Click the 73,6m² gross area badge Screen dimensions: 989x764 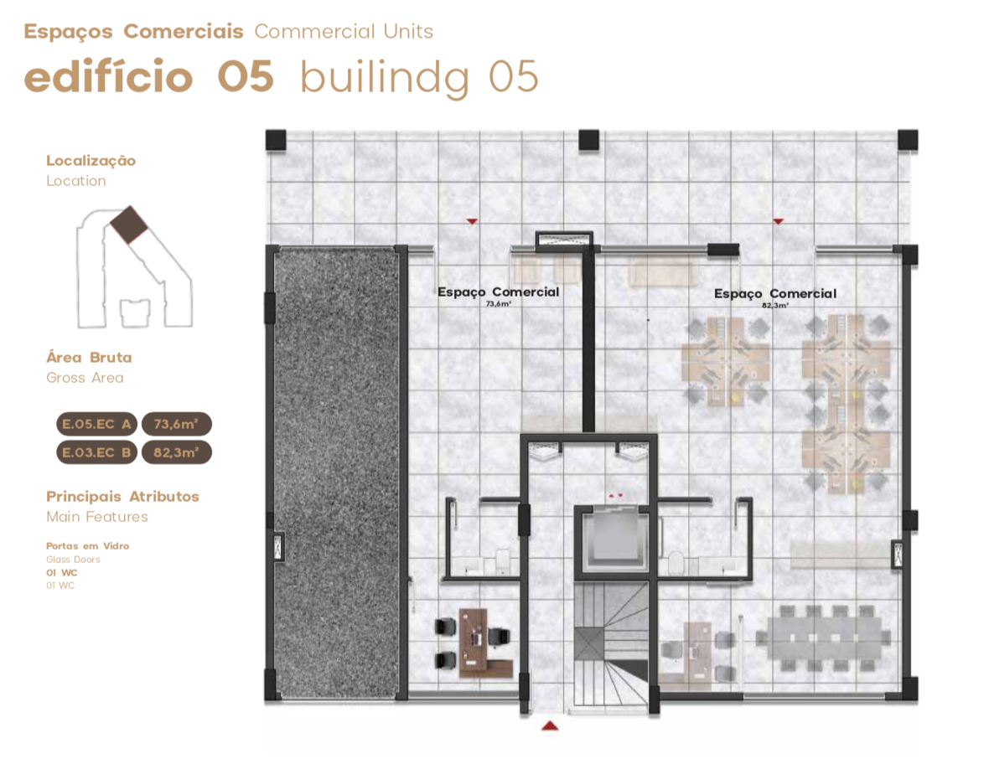coord(177,424)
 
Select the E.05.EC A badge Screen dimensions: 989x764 coord(96,424)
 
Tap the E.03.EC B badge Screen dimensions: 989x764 coord(96,452)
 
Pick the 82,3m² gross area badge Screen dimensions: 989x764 coord(177,452)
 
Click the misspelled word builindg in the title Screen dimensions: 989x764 coord(385,78)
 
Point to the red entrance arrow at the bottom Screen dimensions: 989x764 coord(550,725)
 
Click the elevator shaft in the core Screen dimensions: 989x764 coord(611,541)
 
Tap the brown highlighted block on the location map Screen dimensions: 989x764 coord(129,224)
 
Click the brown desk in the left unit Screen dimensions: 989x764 coord(480,643)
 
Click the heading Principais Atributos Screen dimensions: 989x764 coord(122,496)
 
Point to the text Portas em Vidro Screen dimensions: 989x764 coord(88,546)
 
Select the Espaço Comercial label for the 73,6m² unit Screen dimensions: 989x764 coord(499,292)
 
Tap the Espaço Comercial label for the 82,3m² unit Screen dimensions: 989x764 coord(775,294)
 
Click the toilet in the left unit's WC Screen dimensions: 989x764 coord(503,560)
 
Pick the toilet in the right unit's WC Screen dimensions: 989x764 coord(676,562)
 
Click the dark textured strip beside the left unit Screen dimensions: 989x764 coord(336,472)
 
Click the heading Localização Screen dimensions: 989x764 coord(91,161)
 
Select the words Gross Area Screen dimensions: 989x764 coord(85,378)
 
